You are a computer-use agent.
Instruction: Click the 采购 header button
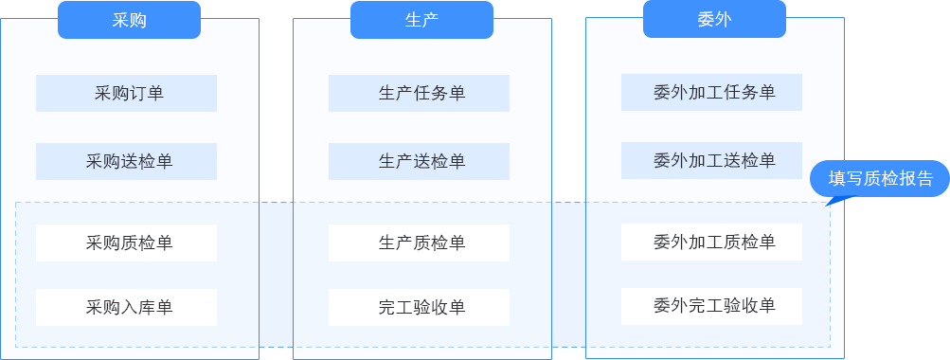pyautogui.click(x=129, y=20)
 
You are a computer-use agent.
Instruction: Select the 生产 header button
pyautogui.click(x=421, y=20)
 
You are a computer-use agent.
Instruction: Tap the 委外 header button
pyautogui.click(x=714, y=19)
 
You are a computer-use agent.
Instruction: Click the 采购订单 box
pyautogui.click(x=126, y=93)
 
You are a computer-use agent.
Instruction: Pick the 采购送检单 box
pyautogui.click(x=126, y=161)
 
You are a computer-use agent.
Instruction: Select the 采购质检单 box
pyautogui.click(x=126, y=243)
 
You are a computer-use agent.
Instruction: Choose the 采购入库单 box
pyautogui.click(x=126, y=307)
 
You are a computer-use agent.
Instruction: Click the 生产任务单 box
pyautogui.click(x=419, y=93)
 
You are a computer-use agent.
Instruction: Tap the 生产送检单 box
pyautogui.click(x=419, y=161)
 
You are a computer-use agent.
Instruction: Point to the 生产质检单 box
pyautogui.click(x=419, y=243)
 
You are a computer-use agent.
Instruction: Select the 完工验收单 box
pyautogui.click(x=419, y=307)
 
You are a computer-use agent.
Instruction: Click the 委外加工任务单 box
pyautogui.click(x=711, y=92)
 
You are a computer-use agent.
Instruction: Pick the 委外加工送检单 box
pyautogui.click(x=711, y=160)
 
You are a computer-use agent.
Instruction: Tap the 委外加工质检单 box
pyautogui.click(x=711, y=242)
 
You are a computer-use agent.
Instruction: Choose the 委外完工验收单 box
pyautogui.click(x=711, y=306)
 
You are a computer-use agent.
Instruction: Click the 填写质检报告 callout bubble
pyautogui.click(x=879, y=178)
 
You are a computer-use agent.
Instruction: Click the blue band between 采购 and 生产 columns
pyautogui.click(x=276, y=275)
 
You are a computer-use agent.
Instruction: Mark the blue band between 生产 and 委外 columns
pyautogui.click(x=568, y=275)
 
